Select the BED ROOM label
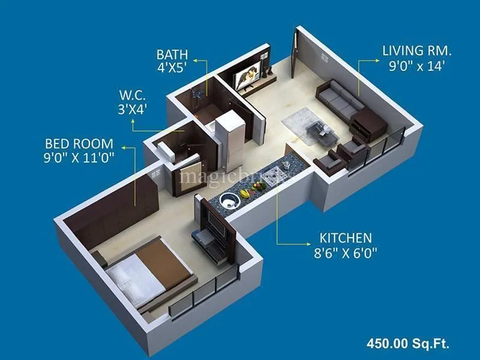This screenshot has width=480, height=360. (x=79, y=144)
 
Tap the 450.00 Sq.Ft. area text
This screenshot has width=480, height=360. (x=408, y=344)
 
